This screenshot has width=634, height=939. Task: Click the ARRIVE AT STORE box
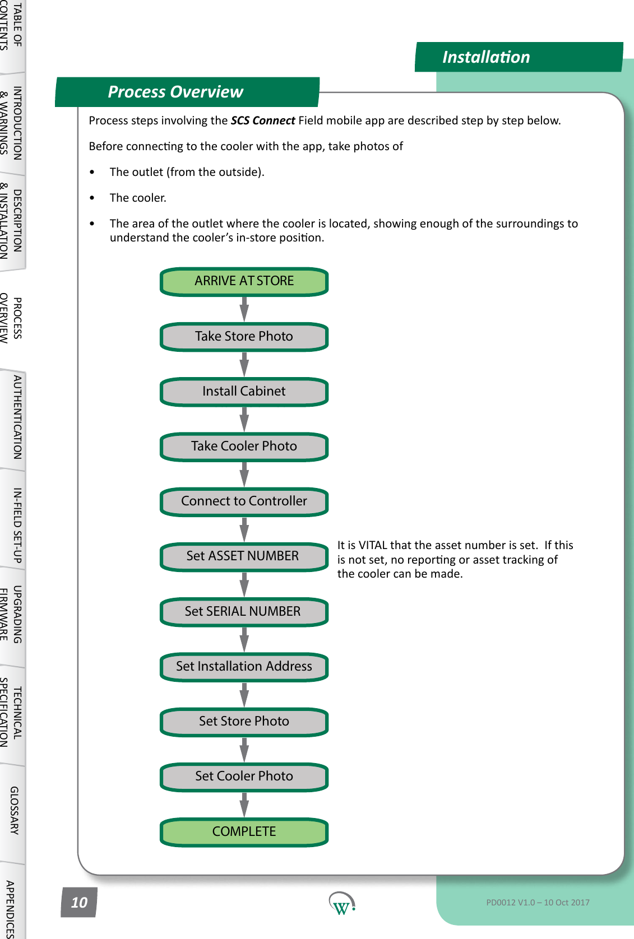[244, 281]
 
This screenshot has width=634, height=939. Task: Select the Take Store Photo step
[244, 336]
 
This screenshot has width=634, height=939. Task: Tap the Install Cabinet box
[244, 391]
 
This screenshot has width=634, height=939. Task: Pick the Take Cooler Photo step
[244, 446]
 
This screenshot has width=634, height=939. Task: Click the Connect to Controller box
[244, 501]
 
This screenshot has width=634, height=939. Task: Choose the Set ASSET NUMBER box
[244, 556]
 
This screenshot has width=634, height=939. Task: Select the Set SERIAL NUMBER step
[244, 611]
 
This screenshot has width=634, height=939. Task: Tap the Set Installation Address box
[244, 666]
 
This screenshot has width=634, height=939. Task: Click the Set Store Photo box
[244, 721]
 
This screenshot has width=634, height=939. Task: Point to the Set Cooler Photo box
[244, 776]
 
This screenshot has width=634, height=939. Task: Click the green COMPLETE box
[244, 831]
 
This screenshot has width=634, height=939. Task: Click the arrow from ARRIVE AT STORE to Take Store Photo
[244, 309]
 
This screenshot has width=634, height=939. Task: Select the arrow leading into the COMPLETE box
[244, 804]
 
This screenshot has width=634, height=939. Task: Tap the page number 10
[79, 902]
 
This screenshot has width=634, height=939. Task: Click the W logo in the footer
[341, 903]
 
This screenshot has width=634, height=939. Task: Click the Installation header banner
[518, 57]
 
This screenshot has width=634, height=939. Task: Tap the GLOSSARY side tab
[14, 811]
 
